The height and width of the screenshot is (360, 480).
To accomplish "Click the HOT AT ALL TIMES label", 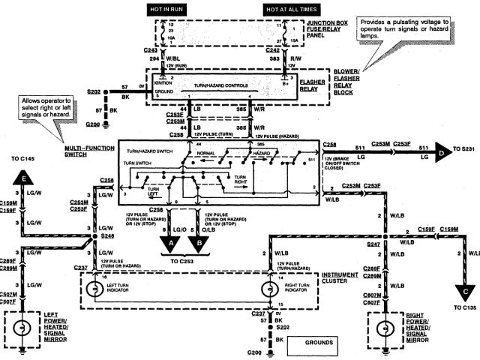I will tap(289, 8).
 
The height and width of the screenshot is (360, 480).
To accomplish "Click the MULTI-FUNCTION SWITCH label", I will tap(81, 151).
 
